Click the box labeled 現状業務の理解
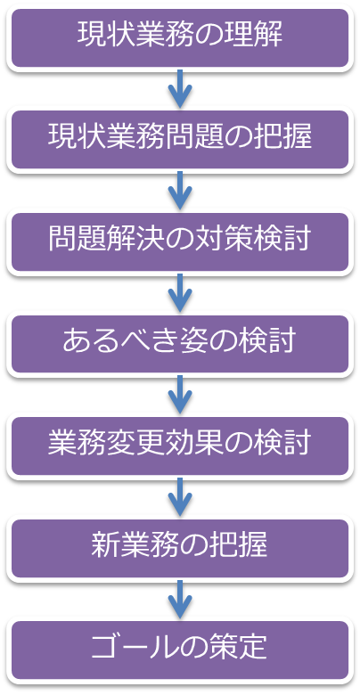point(180,38)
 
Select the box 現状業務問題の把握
point(180,140)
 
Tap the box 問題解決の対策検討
point(180,242)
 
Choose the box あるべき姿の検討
point(180,344)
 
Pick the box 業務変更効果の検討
point(180,446)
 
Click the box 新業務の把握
point(180,548)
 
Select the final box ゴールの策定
point(180,650)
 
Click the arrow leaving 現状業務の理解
point(180,88)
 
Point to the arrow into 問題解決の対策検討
point(180,191)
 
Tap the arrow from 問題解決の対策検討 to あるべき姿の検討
point(180,292)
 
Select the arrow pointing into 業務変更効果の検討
point(180,395)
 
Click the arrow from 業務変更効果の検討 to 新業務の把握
point(180,497)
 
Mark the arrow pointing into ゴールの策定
point(180,599)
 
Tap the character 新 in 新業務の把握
point(105,546)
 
